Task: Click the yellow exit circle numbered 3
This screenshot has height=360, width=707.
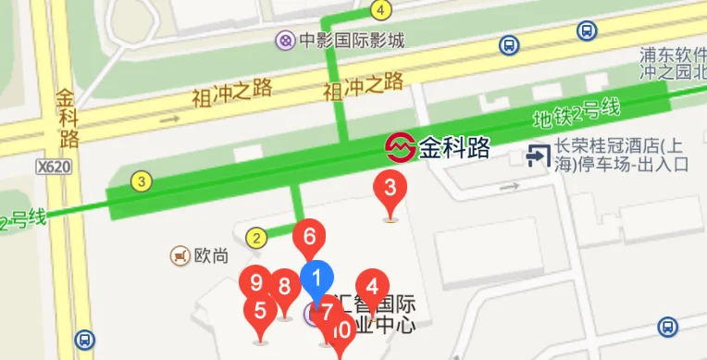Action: pos(141,181)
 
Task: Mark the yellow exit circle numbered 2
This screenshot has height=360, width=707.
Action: pos(256,237)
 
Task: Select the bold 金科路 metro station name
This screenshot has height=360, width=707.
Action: pos(453,147)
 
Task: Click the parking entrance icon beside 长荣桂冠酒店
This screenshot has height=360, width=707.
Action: pos(536,155)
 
